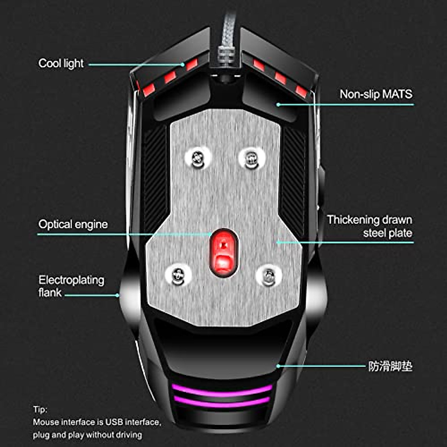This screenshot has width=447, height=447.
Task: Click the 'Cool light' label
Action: click(x=61, y=63)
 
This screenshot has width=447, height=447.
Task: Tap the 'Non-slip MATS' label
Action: click(x=376, y=94)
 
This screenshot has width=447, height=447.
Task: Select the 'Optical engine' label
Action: click(x=73, y=224)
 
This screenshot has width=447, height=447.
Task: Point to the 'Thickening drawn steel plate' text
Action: click(x=370, y=226)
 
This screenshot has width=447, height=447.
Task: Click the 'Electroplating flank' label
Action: click(x=71, y=286)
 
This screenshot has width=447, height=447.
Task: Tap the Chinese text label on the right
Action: click(x=390, y=366)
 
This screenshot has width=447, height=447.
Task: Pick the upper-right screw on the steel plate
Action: click(x=251, y=159)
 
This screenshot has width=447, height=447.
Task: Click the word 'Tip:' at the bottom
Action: click(x=40, y=409)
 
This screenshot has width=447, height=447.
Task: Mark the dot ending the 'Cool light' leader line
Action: click(x=183, y=64)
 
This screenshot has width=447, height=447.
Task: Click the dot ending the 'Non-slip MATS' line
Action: click(x=278, y=105)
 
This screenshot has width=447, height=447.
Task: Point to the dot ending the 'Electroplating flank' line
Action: click(x=117, y=295)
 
